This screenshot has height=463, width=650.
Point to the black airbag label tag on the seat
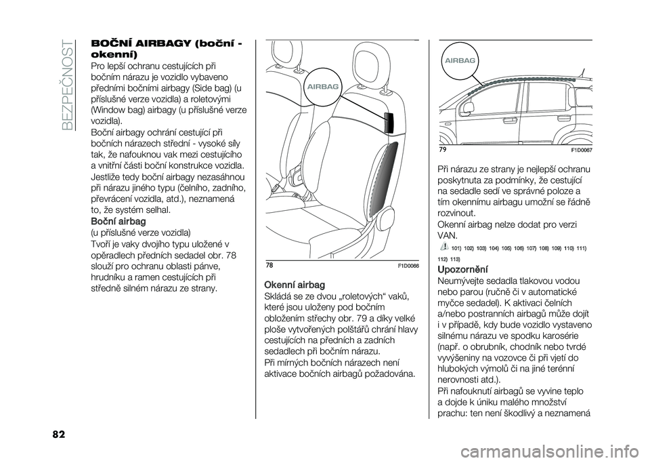pos(388,123)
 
